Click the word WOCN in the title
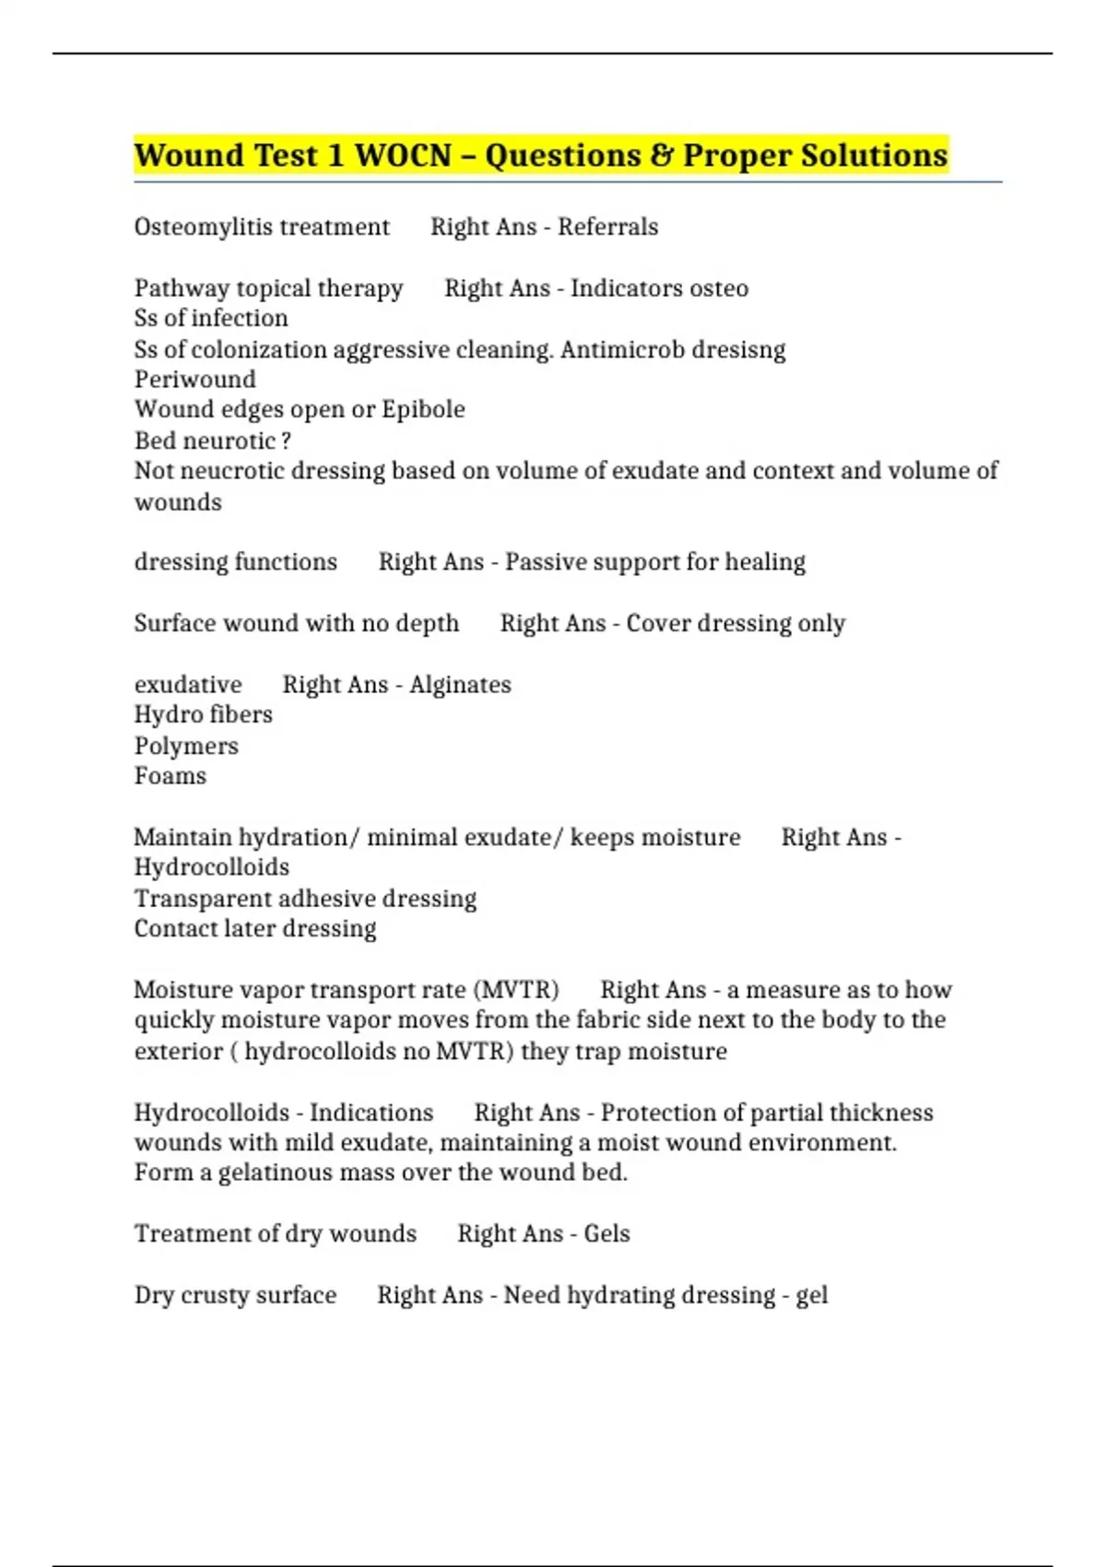click(x=403, y=155)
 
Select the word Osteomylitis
click(x=194, y=227)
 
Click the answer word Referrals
click(x=607, y=227)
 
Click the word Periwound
click(x=194, y=380)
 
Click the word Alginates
click(x=460, y=685)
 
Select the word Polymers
click(x=186, y=746)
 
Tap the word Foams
click(x=171, y=776)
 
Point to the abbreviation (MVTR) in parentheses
click(x=516, y=990)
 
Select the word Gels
click(x=606, y=1234)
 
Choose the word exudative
click(x=188, y=685)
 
